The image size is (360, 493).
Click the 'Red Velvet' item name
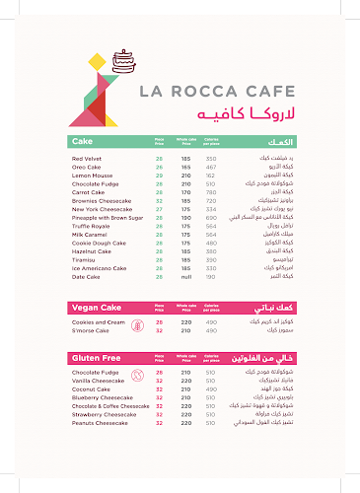coord(88,158)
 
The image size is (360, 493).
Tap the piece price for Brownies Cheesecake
coord(159,199)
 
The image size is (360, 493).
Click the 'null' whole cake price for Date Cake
coord(185,276)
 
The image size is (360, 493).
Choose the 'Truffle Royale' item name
coord(92,225)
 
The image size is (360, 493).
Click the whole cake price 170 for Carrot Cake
coord(185,191)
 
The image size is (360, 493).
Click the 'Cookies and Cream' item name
coord(99,322)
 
